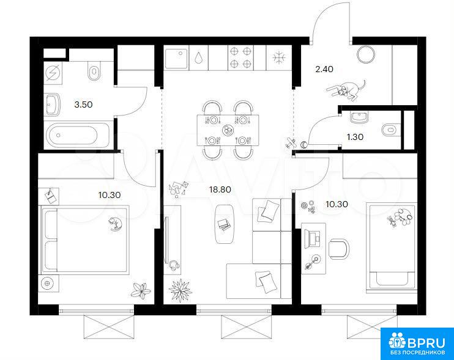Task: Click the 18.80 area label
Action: click(220, 189)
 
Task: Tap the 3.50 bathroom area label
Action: click(83, 105)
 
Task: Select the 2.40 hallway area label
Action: click(324, 69)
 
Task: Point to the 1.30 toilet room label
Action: click(355, 137)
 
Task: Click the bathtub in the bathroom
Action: click(77, 135)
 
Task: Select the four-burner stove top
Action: click(240, 57)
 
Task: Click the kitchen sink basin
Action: click(176, 58)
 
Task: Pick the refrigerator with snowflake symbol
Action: click(279, 57)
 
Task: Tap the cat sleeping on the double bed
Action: click(114, 224)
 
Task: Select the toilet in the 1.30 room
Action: click(391, 130)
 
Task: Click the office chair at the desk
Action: click(339, 249)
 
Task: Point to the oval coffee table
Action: click(225, 224)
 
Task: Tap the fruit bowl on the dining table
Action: click(227, 130)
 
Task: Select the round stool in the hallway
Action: click(366, 54)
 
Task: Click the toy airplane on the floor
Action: click(291, 143)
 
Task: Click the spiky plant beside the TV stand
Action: click(180, 290)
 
